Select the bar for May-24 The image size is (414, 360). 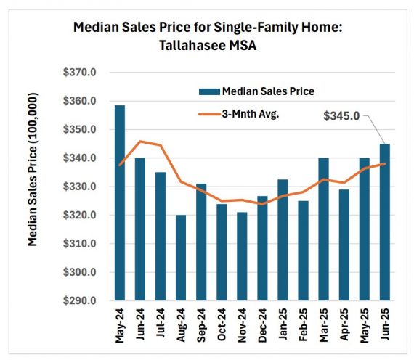click(120, 203)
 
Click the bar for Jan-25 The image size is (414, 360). click(283, 240)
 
